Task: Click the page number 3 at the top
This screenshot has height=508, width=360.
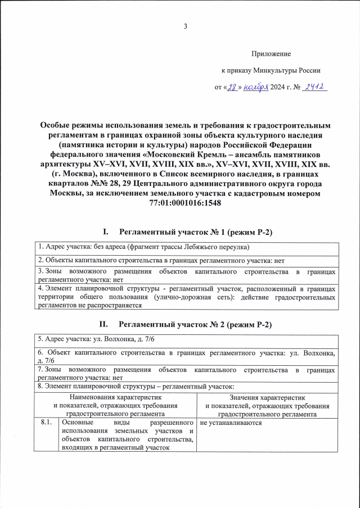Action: coord(185,28)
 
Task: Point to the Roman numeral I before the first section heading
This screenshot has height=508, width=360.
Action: coord(105,232)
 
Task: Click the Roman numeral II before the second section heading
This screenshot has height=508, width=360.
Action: coord(103,324)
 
